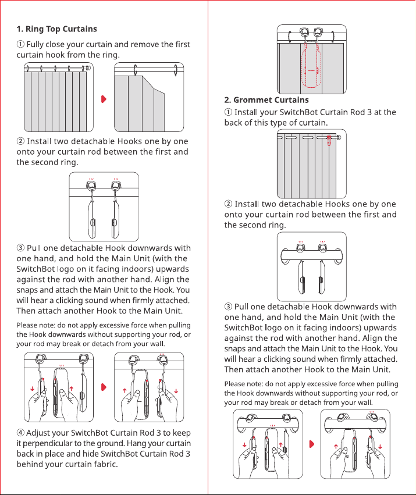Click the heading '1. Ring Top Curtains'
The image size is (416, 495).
click(57, 29)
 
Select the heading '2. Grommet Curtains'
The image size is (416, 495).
click(266, 100)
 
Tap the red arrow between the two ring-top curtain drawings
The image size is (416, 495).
click(104, 99)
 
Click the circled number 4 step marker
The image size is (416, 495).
click(20, 433)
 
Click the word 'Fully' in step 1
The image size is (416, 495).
click(35, 45)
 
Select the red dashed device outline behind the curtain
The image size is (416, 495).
click(311, 64)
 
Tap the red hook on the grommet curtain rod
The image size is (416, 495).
click(329, 141)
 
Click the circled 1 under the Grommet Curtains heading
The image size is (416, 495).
click(228, 112)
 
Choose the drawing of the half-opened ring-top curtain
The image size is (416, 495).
click(149, 97)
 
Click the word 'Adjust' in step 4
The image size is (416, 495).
click(37, 433)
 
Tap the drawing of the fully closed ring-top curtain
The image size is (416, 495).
click(59, 97)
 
